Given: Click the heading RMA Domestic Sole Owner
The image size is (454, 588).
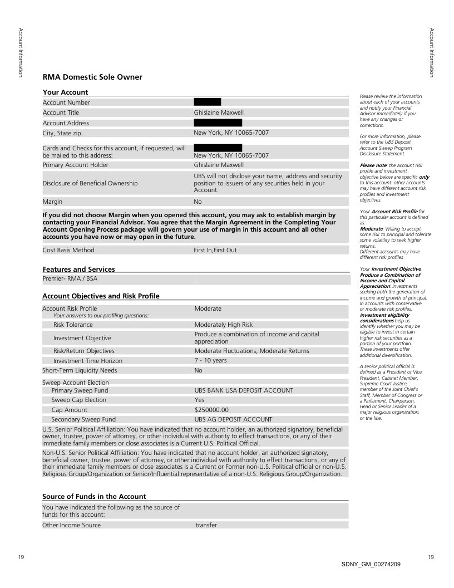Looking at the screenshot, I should point(92,77).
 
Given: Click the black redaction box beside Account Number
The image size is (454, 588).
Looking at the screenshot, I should point(207,102).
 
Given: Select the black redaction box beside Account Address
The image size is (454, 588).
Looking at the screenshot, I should point(218,122).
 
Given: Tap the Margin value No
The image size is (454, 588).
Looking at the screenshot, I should point(198,202).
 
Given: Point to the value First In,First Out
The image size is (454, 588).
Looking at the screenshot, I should point(215,250).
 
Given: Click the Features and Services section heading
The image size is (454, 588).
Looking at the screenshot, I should point(78,269).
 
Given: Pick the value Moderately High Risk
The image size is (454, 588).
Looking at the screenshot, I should point(224,325).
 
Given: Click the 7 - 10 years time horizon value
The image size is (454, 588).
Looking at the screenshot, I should point(211,361).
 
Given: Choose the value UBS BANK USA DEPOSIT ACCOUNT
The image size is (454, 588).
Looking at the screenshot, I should point(244,390).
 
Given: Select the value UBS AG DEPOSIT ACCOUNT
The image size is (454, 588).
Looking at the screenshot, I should point(233,419).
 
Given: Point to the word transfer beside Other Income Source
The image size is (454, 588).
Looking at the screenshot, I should point(206,525).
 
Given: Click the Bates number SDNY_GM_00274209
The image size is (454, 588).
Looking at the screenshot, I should point(371,565).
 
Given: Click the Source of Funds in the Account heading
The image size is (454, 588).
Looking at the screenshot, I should point(94,496).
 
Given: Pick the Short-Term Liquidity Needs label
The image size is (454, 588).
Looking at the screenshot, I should point(80,370).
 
